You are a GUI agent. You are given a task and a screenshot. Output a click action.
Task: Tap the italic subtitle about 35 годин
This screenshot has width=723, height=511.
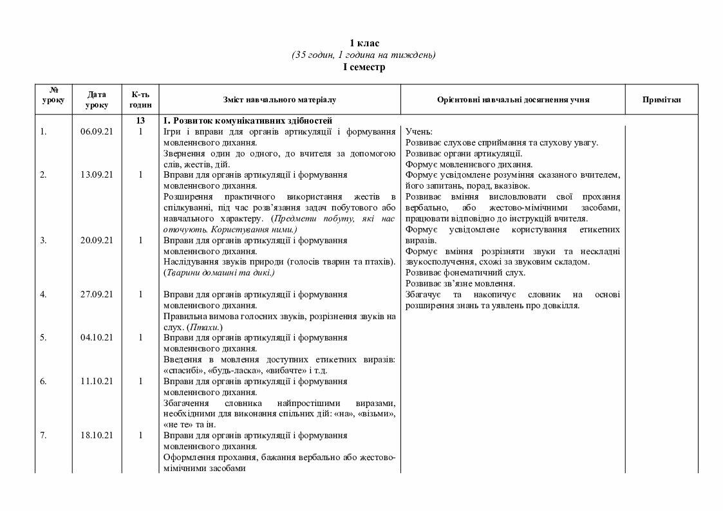coord(364,55)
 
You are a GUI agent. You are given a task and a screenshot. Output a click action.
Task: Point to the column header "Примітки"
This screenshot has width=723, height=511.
coord(661,100)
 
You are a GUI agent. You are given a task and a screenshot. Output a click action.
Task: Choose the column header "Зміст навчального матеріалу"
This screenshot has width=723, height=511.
coord(279,100)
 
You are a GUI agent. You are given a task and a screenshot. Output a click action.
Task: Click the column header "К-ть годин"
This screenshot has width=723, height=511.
coord(140,100)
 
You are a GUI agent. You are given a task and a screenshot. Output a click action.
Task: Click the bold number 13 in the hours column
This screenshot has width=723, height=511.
coord(140,120)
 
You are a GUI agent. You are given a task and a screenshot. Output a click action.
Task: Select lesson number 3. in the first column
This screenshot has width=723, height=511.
coord(43,240)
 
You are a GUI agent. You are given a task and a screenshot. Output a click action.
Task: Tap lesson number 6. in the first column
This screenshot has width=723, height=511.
coord(43,381)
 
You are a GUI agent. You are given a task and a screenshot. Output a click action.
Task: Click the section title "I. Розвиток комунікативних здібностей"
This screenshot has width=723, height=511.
coord(248,120)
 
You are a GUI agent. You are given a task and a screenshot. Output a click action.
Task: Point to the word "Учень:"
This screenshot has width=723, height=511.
coord(419,131)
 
